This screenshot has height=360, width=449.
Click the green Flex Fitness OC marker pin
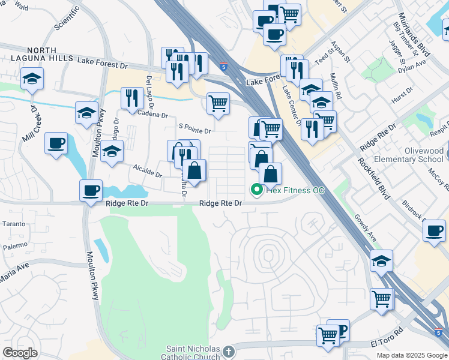coord(257,190)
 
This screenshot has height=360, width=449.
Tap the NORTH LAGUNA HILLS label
coord(34,55)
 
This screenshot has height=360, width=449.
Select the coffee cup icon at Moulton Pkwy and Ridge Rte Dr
coord(91,191)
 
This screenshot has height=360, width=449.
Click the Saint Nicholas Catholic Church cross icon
coord(228,351)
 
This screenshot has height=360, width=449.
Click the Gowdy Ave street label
coord(364,228)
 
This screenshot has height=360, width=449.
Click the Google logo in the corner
coord(20,352)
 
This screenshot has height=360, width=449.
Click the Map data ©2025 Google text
coord(412,355)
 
